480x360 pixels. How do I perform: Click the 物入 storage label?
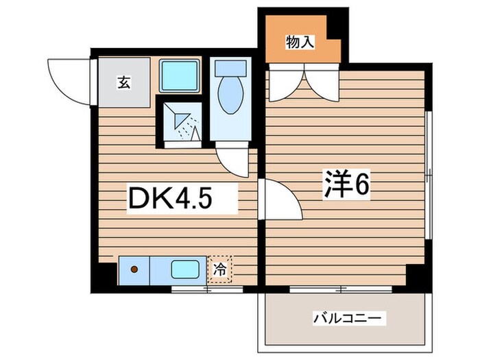[300, 43]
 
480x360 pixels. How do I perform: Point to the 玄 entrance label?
[123, 84]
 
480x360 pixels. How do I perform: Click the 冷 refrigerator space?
[220, 268]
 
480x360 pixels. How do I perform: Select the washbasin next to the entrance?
[180, 75]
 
